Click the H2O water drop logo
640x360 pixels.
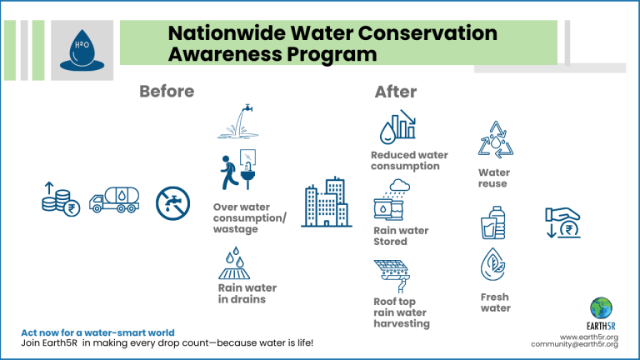[x=82, y=50]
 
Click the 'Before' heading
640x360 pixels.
[x=167, y=92]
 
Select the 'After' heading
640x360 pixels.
[x=396, y=92]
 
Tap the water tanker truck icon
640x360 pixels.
[x=114, y=200]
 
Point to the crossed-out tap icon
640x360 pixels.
[x=172, y=203]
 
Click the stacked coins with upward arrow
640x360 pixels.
[x=60, y=199]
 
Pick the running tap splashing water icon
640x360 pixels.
[x=238, y=121]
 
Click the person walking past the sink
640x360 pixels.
[x=228, y=172]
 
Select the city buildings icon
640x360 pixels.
[x=327, y=202]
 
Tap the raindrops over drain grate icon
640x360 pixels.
[x=234, y=263]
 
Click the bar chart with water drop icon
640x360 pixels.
[x=397, y=127]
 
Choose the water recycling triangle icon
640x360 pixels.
[x=496, y=140]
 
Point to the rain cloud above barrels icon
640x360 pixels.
[x=392, y=200]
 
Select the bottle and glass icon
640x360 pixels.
[x=493, y=222]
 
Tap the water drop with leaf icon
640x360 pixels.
[x=493, y=264]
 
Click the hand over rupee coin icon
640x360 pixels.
[x=562, y=222]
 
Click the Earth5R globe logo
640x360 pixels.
[x=601, y=308]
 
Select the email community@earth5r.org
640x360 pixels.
[x=574, y=344]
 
